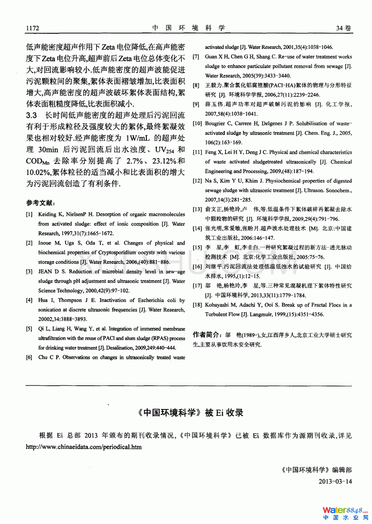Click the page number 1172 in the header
(x=33, y=28)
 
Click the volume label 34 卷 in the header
(x=344, y=28)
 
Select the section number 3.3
(x=31, y=115)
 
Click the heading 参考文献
(x=40, y=203)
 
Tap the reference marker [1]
(x=29, y=215)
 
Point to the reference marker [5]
(x=29, y=329)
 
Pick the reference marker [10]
(x=197, y=123)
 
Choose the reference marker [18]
(x=197, y=305)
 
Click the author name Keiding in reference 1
(x=47, y=215)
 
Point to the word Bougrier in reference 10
(x=215, y=123)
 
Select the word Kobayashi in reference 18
(x=217, y=305)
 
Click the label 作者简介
(x=207, y=335)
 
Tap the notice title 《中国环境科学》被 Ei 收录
(x=191, y=413)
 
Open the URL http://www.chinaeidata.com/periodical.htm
(x=84, y=447)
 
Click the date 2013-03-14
(x=335, y=481)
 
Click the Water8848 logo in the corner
(x=345, y=513)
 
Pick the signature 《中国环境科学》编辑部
(x=316, y=470)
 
